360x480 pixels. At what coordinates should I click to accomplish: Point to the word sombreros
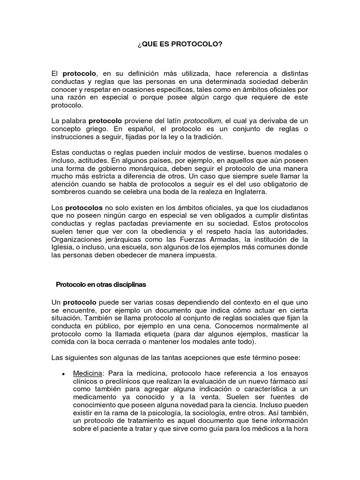(70, 192)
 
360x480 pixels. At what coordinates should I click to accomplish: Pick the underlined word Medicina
(87, 374)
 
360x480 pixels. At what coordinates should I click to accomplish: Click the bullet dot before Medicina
(62, 374)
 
